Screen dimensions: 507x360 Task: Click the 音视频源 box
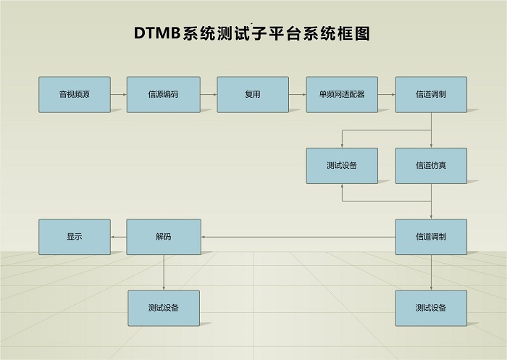75,94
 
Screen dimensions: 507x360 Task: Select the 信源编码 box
163,94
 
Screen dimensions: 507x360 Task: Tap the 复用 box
253,94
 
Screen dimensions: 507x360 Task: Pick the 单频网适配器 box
342,94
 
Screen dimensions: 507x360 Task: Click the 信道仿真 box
431,166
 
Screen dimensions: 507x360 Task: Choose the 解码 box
164,237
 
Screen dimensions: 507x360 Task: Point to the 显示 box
75,237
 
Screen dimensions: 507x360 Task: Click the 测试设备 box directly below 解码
164,308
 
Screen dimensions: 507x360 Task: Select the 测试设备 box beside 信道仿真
342,166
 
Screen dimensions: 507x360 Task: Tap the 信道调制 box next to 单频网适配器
431,94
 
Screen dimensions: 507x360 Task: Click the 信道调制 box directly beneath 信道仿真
431,237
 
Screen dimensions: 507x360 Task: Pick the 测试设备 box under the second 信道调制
431,308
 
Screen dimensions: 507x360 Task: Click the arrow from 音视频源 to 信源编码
119,95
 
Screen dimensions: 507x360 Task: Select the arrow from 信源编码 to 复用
209,95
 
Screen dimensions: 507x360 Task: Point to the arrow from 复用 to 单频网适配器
298,95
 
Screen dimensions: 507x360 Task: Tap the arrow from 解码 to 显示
118,237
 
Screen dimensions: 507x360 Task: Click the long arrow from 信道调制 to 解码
298,237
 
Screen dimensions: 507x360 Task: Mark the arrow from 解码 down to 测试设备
164,272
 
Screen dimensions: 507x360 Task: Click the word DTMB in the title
157,33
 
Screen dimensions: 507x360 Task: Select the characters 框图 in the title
353,33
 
